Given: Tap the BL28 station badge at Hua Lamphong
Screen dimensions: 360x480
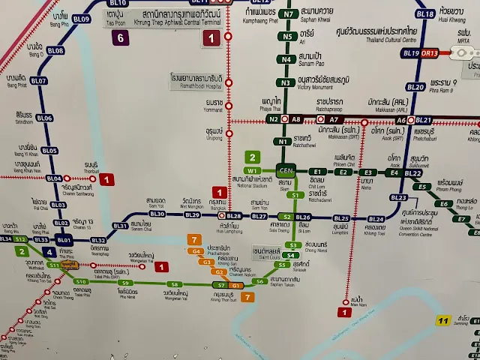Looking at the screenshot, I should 234,216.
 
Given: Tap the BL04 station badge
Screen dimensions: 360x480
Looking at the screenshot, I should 55,178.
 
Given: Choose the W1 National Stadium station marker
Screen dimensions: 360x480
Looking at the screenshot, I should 251,172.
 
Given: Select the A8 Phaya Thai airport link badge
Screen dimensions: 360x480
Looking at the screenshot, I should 296,119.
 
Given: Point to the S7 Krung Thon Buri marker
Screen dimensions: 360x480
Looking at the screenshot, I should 221,286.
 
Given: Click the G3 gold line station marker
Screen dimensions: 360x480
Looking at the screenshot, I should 204,262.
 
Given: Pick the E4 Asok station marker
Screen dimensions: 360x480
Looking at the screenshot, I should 392,173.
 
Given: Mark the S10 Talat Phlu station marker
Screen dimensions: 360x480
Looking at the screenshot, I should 80,281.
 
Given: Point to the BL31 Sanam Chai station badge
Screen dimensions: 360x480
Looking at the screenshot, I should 120,225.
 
